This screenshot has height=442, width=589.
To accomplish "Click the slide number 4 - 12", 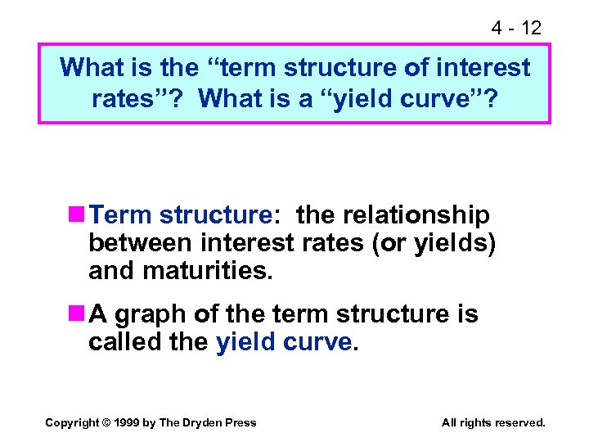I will [516, 28].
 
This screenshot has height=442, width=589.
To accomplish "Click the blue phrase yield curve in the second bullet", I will [284, 341].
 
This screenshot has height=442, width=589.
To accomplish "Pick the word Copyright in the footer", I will [71, 422].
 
